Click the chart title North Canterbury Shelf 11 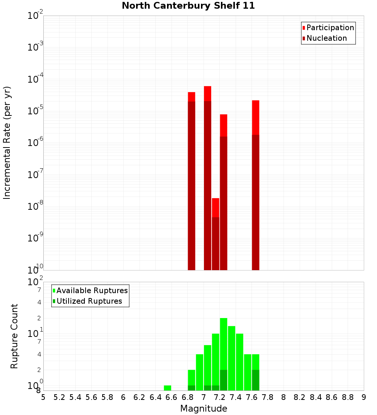point(188,6)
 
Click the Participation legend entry point(330,28)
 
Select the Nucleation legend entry point(326,38)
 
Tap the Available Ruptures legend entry point(92,290)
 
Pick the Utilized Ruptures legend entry point(89,301)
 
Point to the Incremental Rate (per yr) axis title point(7,143)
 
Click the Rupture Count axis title point(14,336)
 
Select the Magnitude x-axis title point(204,409)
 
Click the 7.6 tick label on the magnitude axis point(251,397)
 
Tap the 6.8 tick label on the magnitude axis point(187,397)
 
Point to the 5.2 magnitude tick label point(59,397)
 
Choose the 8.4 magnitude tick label point(316,397)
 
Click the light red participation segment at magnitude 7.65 point(256,117)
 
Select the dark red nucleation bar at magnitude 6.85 point(192,185)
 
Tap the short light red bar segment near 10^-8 point(216,207)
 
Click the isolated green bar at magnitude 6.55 point(167,388)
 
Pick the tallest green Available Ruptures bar point(224,343)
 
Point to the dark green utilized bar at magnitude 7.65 point(256,380)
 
